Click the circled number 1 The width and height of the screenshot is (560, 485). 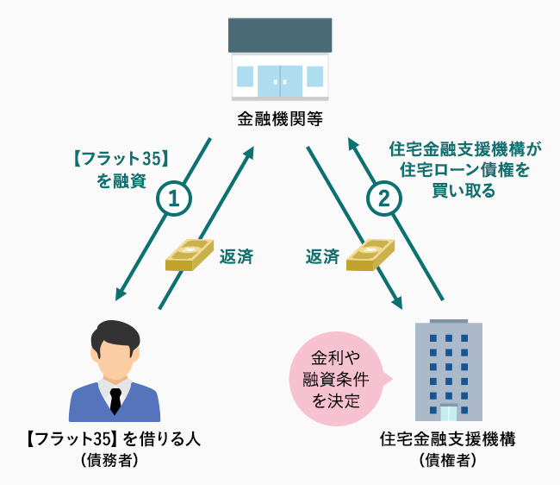tap(173, 198)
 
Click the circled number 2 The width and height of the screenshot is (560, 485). tap(383, 198)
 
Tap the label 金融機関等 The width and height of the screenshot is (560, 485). tap(279, 119)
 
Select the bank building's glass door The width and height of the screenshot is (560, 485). tap(280, 80)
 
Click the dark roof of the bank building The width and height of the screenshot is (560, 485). tap(280, 34)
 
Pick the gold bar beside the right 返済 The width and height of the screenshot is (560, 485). tap(369, 256)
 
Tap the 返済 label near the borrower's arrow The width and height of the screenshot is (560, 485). tap(235, 256)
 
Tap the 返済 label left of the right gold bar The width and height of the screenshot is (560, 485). tap(322, 256)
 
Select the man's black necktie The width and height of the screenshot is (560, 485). tap(115, 399)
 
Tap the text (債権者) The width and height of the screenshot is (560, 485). tap(448, 461)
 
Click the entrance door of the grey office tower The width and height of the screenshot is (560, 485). tap(448, 413)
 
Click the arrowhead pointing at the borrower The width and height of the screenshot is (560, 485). tap(120, 296)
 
